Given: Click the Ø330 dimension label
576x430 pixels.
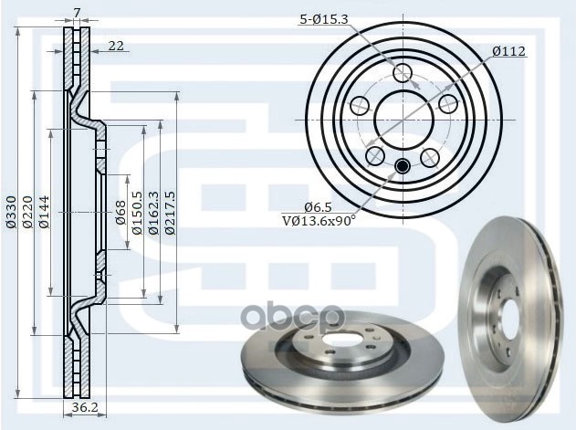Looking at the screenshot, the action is point(11,211).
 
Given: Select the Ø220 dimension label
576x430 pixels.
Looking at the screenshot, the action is point(27,211).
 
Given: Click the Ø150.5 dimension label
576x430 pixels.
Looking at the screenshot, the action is point(137,213).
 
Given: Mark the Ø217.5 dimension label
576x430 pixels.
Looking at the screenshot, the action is point(170,211).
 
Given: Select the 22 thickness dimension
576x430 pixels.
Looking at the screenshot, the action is point(117,47).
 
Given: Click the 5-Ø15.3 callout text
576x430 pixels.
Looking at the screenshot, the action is point(322,19).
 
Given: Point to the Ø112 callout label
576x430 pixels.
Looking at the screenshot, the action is point(509,52).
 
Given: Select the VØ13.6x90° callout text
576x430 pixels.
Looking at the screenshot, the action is point(318,219).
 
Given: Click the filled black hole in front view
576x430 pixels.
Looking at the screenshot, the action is point(403,165).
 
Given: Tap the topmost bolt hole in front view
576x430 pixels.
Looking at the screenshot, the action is point(403,72).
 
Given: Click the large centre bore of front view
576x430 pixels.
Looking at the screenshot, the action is point(403,116).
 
